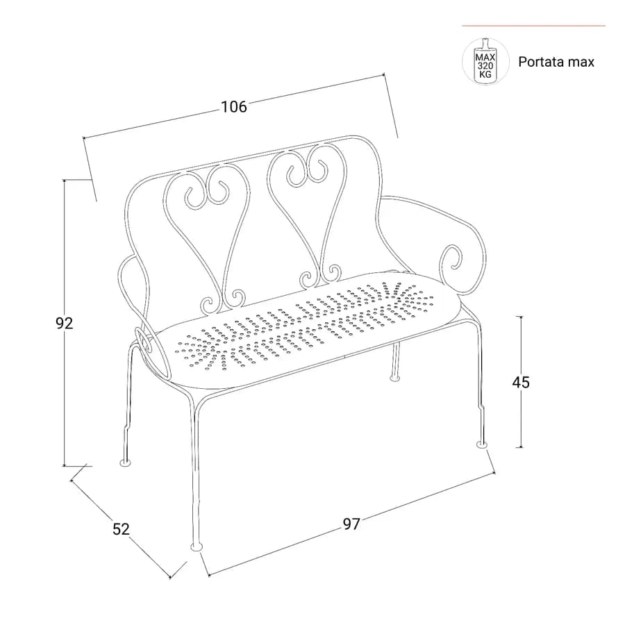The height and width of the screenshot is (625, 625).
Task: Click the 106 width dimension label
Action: pyautogui.click(x=234, y=107)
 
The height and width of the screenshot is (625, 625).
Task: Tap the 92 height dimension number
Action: pyautogui.click(x=64, y=323)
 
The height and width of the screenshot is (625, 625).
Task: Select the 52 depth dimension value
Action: pyautogui.click(x=121, y=529)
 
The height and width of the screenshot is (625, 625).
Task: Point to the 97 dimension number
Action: pyautogui.click(x=351, y=524)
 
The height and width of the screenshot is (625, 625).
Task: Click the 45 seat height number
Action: pyautogui.click(x=521, y=382)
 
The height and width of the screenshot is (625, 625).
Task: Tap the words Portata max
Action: pyautogui.click(x=556, y=62)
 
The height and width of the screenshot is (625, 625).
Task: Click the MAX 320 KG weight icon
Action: pyautogui.click(x=485, y=61)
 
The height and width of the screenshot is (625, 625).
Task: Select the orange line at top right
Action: pyautogui.click(x=533, y=26)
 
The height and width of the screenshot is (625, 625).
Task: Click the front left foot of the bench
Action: pyautogui.click(x=197, y=546)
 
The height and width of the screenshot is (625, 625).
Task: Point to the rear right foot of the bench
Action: pyautogui.click(x=394, y=376)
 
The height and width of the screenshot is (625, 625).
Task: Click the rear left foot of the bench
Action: pyautogui.click(x=126, y=462)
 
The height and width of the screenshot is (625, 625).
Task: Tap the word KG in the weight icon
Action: pyautogui.click(x=485, y=74)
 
